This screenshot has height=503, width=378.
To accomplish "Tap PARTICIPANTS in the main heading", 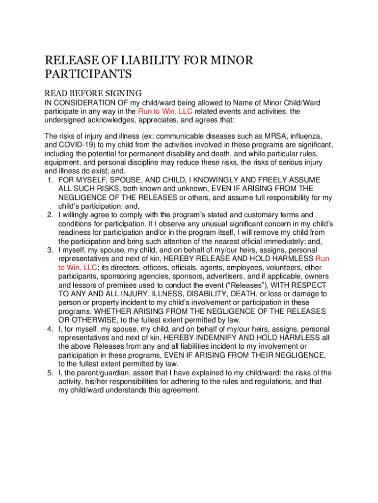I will (x=88, y=75).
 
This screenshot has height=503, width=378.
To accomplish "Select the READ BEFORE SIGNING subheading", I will (x=93, y=93).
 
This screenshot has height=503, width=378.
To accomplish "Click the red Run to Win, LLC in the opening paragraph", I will (x=165, y=112).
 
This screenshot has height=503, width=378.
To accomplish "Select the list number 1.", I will (x=50, y=180).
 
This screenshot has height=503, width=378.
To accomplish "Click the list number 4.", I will (x=50, y=329).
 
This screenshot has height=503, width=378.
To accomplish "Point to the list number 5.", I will (x=50, y=373).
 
